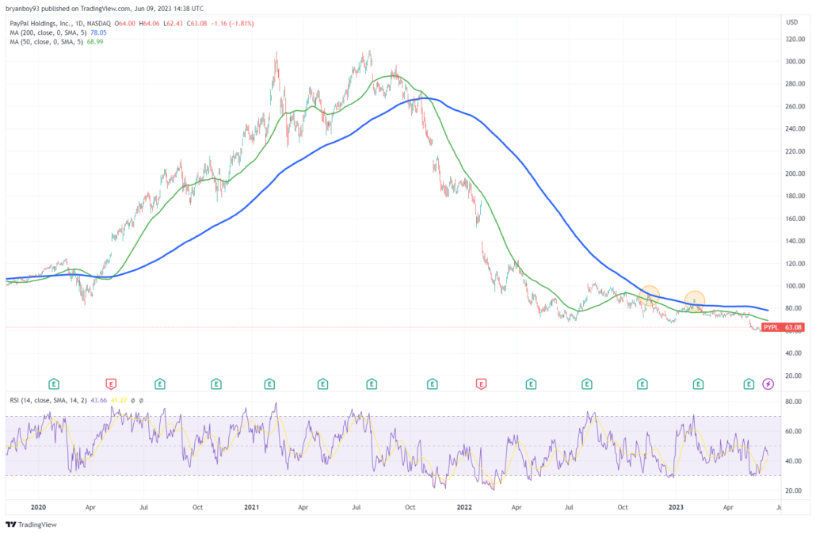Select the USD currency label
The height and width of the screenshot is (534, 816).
click(791, 22)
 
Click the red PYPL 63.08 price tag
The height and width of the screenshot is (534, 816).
click(783, 326)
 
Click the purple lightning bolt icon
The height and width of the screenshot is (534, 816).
click(768, 384)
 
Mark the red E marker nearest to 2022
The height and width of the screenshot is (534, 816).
click(480, 384)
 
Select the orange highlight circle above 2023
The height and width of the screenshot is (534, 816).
click(695, 300)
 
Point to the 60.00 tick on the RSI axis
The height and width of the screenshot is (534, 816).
click(790, 432)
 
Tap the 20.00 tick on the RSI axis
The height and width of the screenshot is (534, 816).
click(790, 490)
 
